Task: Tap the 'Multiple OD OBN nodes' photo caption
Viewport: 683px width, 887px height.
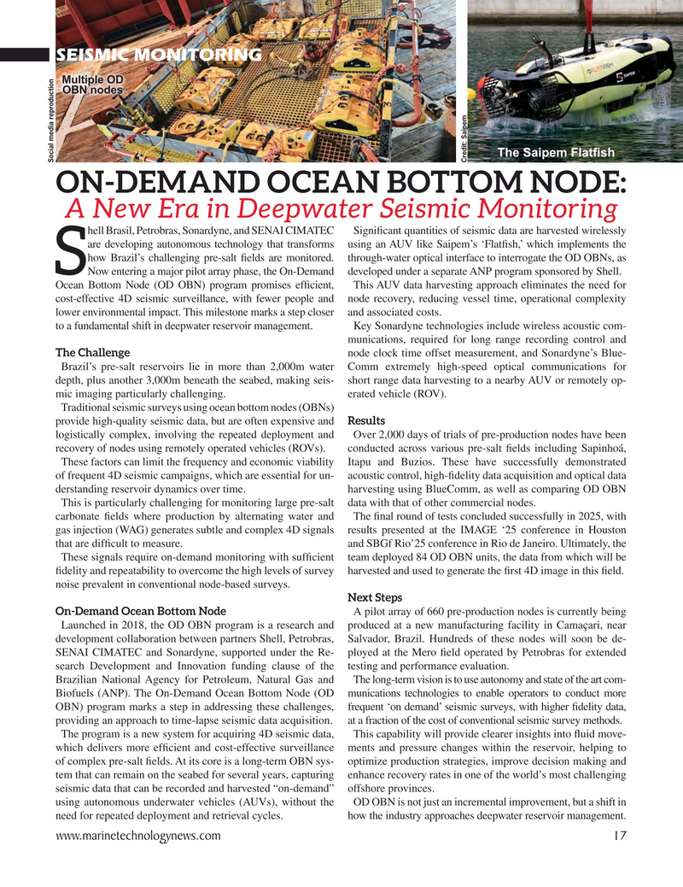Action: (92, 86)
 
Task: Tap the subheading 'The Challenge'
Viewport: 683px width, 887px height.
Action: (92, 353)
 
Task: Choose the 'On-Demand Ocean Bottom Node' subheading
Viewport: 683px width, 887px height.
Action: (140, 611)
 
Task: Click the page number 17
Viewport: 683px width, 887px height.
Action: (619, 836)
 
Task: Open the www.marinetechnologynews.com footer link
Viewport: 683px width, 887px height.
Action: (137, 836)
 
